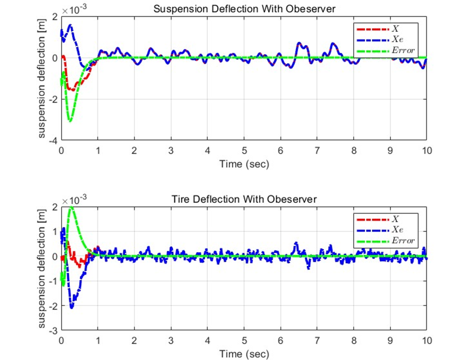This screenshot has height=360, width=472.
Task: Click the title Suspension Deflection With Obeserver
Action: click(x=244, y=8)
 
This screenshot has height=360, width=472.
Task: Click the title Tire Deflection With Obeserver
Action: click(x=244, y=199)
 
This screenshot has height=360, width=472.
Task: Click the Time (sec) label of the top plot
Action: click(x=244, y=163)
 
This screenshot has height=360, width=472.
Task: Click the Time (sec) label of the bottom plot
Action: click(x=244, y=353)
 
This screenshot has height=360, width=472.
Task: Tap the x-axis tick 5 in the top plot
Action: click(x=244, y=150)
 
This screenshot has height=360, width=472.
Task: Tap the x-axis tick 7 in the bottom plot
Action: click(x=317, y=340)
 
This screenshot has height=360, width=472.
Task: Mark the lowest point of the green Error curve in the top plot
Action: click(x=70, y=121)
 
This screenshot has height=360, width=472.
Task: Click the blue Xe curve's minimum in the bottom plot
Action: click(x=72, y=307)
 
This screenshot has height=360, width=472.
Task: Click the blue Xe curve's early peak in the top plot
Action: click(x=70, y=25)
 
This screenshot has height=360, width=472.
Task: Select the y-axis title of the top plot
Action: click(x=42, y=78)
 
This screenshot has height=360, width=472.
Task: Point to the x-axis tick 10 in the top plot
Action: click(x=426, y=150)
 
